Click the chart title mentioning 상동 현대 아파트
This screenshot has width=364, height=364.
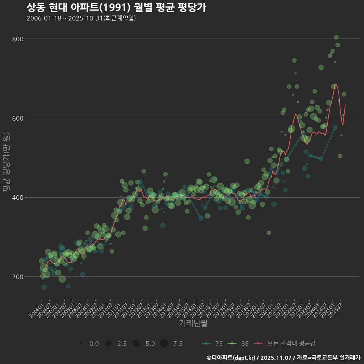[x=116, y=7]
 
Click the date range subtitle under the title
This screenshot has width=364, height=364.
[x=81, y=18]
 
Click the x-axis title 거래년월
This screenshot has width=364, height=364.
[x=193, y=323]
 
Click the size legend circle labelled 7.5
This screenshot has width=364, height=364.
[x=164, y=344]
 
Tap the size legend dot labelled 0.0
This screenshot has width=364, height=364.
[x=81, y=344]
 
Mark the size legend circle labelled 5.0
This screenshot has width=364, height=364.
[x=136, y=344]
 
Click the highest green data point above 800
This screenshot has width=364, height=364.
[x=336, y=37]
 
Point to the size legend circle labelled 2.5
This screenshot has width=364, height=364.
[x=108, y=344]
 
